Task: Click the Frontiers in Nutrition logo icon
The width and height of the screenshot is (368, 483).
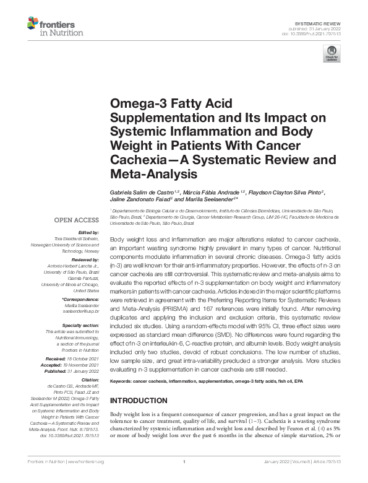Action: pos(33,25)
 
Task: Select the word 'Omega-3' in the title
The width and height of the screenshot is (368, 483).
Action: pos(133,105)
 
